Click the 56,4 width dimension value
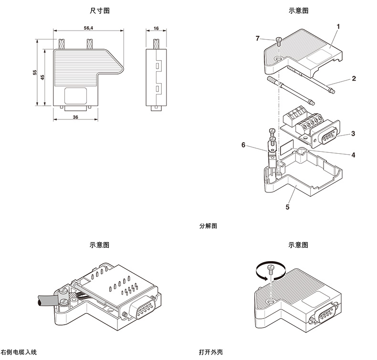(88, 29)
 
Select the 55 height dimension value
(34, 72)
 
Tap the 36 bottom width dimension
(75, 116)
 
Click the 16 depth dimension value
(156, 29)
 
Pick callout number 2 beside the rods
(354, 78)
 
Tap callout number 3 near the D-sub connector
(353, 134)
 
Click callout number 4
(353, 155)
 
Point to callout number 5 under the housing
(287, 207)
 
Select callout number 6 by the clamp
(243, 145)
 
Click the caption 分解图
(208, 226)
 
